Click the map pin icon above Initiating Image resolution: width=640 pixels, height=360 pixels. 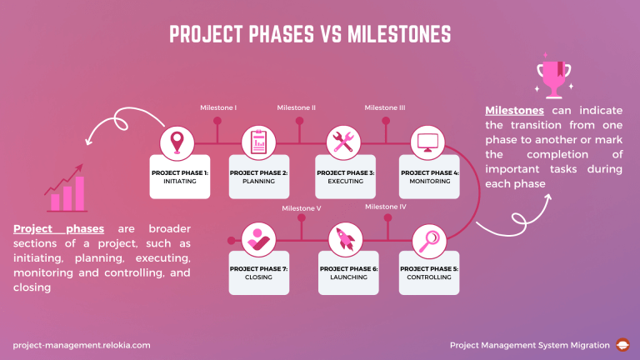click(x=176, y=141)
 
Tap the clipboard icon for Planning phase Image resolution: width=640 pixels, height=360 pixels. click(x=258, y=141)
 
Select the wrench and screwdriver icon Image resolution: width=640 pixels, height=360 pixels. click(x=343, y=141)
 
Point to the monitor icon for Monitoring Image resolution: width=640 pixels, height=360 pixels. click(x=427, y=141)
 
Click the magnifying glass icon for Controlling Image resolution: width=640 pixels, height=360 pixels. click(x=427, y=240)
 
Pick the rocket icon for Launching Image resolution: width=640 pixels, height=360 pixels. click(x=343, y=240)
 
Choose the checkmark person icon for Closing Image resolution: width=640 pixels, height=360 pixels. click(x=258, y=240)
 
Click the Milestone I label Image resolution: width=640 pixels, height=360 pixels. click(x=218, y=107)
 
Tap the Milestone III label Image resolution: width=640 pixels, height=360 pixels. click(x=384, y=107)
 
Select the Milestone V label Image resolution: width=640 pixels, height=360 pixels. click(x=301, y=207)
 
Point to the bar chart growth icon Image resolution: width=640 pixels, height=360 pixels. click(x=67, y=192)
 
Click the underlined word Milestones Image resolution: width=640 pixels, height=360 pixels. click(x=514, y=111)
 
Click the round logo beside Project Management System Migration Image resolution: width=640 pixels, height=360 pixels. click(x=622, y=344)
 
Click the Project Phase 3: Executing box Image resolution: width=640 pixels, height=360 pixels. click(x=344, y=176)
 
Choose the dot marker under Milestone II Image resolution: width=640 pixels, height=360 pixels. click(x=299, y=122)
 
